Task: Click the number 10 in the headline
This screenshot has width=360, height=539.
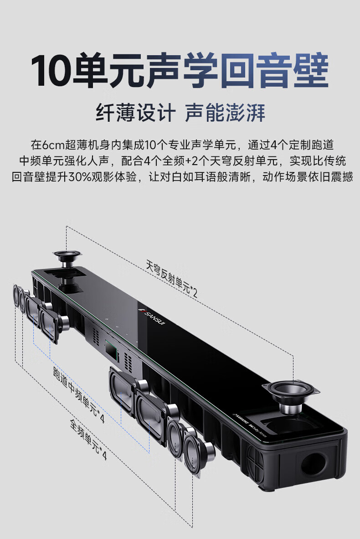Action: pyautogui.click(x=51, y=70)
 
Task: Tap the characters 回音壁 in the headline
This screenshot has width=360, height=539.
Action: pyautogui.click(x=273, y=70)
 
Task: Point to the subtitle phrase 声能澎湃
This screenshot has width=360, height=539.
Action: pyautogui.click(x=225, y=113)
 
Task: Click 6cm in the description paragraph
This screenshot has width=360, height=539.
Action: pyautogui.click(x=54, y=145)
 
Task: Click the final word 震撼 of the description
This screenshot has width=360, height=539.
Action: pyautogui.click(x=342, y=177)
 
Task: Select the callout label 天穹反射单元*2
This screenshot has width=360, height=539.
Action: pyautogui.click(x=172, y=278)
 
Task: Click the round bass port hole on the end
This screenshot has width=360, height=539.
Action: pyautogui.click(x=314, y=465)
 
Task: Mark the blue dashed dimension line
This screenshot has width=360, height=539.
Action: pyautogui.click(x=80, y=369)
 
